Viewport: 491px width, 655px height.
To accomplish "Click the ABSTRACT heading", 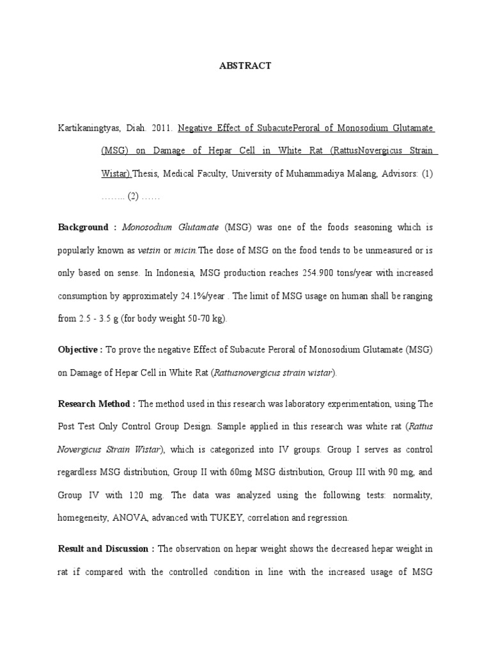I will pyautogui.click(x=246, y=66).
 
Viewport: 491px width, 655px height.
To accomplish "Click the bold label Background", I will pyautogui.click(x=84, y=227).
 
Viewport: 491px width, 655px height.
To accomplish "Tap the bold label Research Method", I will pyautogui.click(x=97, y=404).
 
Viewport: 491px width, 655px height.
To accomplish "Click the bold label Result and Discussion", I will pyautogui.click(x=106, y=549).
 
